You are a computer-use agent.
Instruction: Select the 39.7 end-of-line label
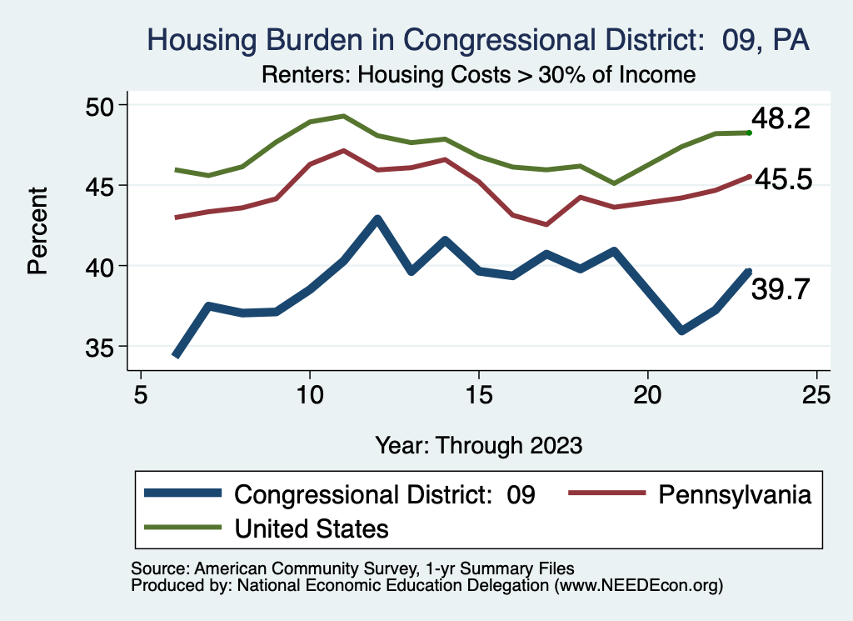(x=781, y=289)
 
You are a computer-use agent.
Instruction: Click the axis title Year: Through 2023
(x=478, y=444)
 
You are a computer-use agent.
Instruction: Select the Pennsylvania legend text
(x=734, y=495)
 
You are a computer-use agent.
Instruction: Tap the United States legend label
(x=312, y=528)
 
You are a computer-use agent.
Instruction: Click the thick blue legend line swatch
(x=182, y=494)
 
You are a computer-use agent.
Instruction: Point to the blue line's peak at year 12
(x=377, y=220)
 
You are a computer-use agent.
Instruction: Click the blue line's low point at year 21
(x=682, y=331)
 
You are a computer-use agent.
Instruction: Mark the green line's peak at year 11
(x=343, y=116)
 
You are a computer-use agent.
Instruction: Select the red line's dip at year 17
(x=546, y=224)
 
